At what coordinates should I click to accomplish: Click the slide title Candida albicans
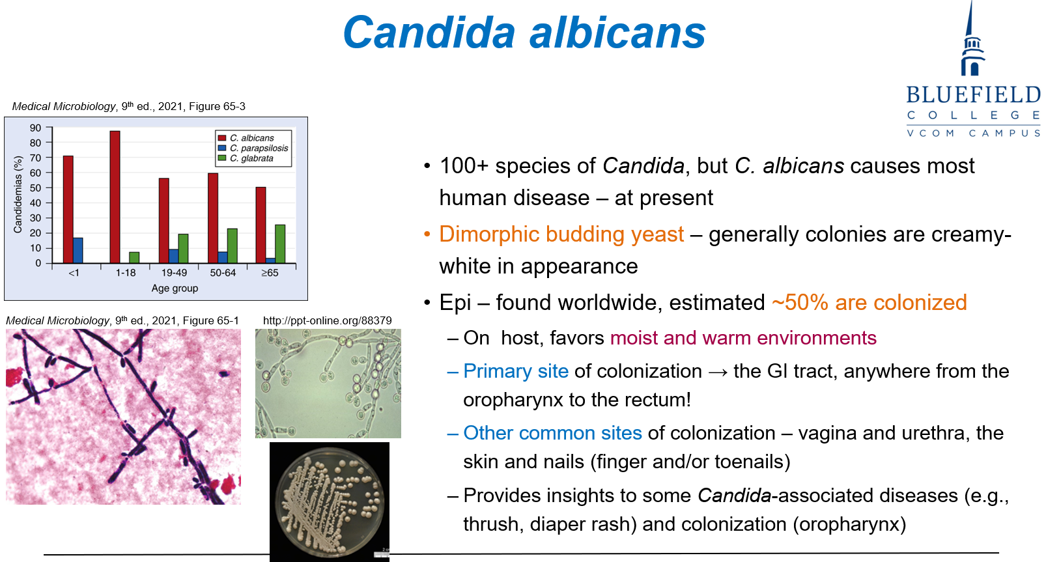click(x=524, y=33)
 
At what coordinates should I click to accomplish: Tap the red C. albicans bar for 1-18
click(x=115, y=197)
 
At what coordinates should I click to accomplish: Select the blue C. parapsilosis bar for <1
click(x=78, y=251)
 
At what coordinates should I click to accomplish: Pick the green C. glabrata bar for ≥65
click(x=280, y=244)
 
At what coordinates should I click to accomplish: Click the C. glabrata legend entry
click(x=246, y=158)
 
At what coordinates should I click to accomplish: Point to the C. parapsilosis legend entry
click(x=253, y=148)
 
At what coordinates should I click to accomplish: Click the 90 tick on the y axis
click(x=35, y=128)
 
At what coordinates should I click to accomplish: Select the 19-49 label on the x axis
click(x=174, y=273)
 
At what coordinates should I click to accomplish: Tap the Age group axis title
click(x=175, y=288)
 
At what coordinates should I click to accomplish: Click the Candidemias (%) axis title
click(x=18, y=195)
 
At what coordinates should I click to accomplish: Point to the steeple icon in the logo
click(x=972, y=39)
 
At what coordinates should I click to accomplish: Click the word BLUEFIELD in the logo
click(x=973, y=95)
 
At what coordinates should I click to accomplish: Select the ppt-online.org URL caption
click(x=328, y=320)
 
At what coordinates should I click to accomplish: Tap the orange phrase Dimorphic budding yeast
click(x=561, y=234)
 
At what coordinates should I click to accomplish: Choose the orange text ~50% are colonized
click(x=869, y=302)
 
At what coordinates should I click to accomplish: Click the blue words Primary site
click(x=516, y=371)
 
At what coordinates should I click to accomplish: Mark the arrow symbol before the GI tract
click(x=718, y=372)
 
